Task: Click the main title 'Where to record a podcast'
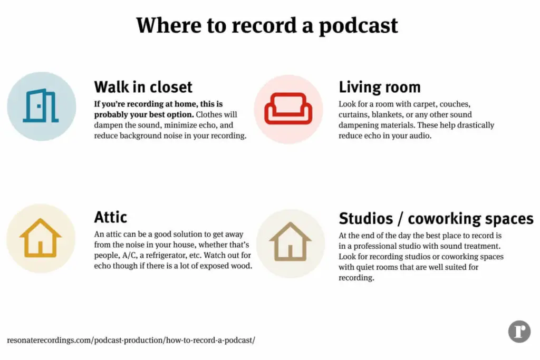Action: point(267,25)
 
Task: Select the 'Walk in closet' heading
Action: point(143,86)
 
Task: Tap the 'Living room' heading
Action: point(379,86)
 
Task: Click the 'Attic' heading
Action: point(110,217)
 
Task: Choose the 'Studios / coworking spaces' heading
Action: point(436,218)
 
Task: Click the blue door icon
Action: point(41,106)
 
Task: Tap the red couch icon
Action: point(288,109)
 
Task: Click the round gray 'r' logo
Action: point(519,332)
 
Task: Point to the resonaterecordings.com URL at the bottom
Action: point(131,340)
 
